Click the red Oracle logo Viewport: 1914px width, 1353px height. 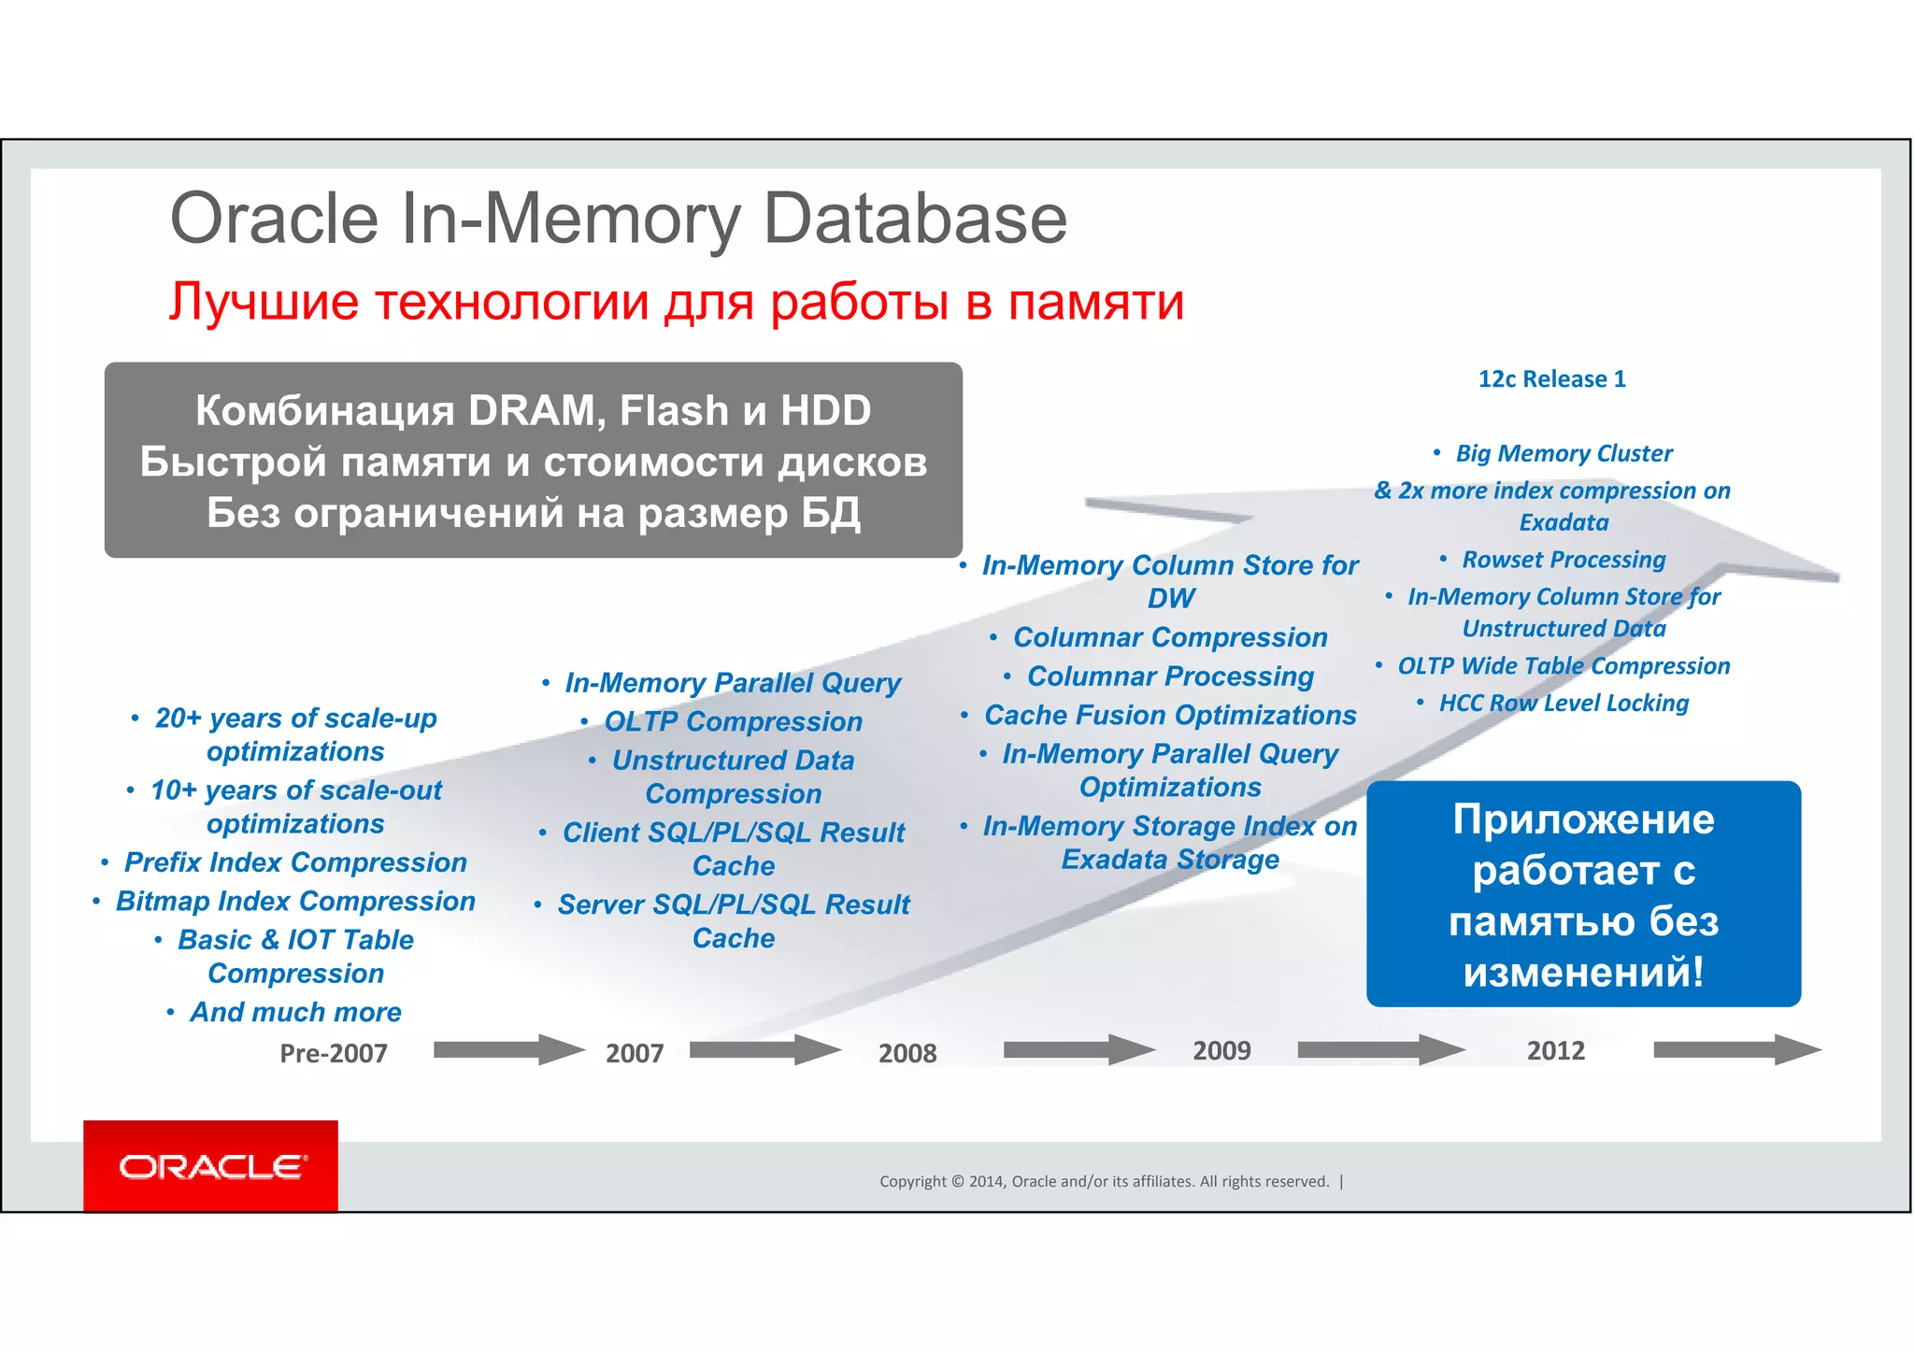coord(210,1165)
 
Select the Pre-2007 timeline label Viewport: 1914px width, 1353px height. coord(334,1053)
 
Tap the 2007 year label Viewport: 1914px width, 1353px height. coord(635,1053)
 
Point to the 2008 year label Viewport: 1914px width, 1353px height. coord(907,1053)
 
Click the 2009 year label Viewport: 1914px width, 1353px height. coord(1221,1050)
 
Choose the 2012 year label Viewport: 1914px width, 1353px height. coord(1556,1050)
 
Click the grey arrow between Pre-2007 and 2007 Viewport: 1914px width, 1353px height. coord(508,1049)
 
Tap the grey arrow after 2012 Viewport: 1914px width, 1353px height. coord(1736,1049)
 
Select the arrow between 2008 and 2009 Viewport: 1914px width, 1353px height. coord(1078,1049)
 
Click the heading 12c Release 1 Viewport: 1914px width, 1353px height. coord(1551,379)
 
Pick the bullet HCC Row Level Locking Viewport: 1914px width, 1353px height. coord(1564,704)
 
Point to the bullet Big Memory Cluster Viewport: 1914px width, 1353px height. coord(1564,454)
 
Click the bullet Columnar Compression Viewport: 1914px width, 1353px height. coord(1170,637)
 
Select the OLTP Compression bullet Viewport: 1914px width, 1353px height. coord(733,721)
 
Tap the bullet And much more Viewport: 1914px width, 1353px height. coord(295,1012)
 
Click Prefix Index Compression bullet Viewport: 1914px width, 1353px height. coord(295,862)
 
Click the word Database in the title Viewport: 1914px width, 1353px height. coord(915,219)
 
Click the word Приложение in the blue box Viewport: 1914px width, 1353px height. coord(1583,819)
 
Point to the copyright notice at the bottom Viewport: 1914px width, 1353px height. coord(1104,1182)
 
